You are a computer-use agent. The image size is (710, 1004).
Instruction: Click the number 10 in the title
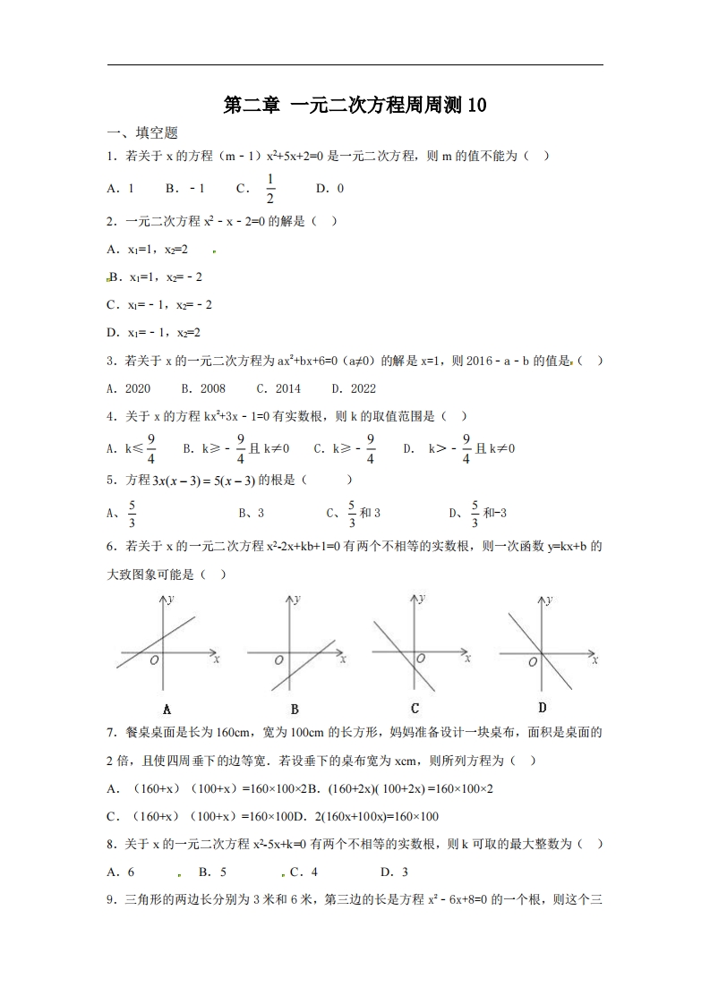[475, 106]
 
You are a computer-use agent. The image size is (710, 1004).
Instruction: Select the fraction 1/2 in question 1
[269, 189]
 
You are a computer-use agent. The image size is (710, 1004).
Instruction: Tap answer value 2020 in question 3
[138, 388]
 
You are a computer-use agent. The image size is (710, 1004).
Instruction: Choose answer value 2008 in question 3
[213, 388]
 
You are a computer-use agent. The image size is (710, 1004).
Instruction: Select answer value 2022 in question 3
[364, 388]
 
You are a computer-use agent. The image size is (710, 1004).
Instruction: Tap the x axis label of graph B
[343, 659]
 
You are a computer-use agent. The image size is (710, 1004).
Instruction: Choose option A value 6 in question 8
[132, 872]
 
